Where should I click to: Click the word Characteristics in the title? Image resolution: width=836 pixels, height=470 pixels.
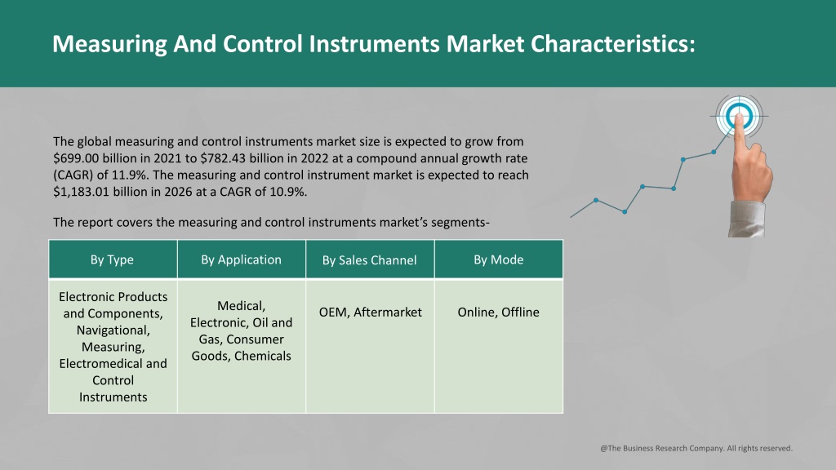(613, 44)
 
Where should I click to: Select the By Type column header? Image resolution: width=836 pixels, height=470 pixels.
(113, 259)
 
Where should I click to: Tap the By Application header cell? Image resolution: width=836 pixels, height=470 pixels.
(242, 259)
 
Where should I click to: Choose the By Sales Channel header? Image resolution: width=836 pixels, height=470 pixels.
(370, 259)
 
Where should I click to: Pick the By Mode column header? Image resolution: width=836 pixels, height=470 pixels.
(499, 259)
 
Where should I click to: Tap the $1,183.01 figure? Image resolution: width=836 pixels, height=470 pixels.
(81, 192)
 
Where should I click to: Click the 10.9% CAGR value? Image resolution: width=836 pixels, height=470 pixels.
(288, 192)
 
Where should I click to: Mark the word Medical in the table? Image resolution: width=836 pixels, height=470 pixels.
(241, 306)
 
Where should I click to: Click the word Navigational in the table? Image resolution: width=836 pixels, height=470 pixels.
(113, 330)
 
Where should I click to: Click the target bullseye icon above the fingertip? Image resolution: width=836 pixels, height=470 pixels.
(739, 116)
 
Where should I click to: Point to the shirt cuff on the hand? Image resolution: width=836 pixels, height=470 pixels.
(747, 219)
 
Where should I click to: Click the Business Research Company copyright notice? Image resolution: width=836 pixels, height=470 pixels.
(696, 448)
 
